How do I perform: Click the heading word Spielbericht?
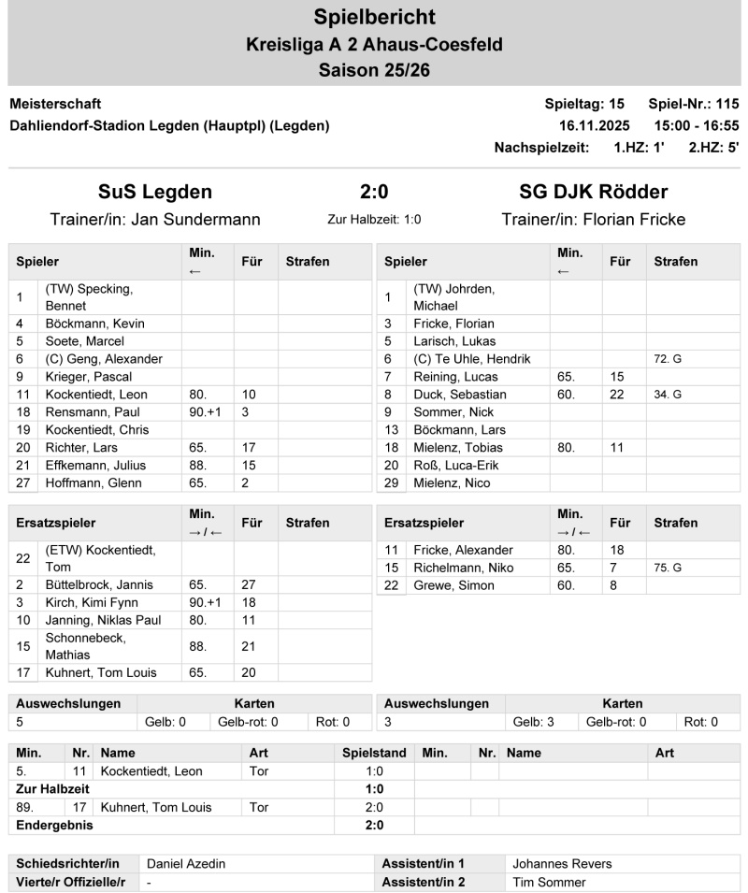[x=374, y=17]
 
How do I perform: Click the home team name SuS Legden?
[x=155, y=192]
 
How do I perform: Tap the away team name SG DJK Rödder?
[x=593, y=192]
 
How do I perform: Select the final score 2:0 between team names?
[x=374, y=192]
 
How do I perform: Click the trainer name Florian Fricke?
[x=635, y=220]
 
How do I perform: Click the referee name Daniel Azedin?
[x=186, y=864]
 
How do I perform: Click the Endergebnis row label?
[x=55, y=825]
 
